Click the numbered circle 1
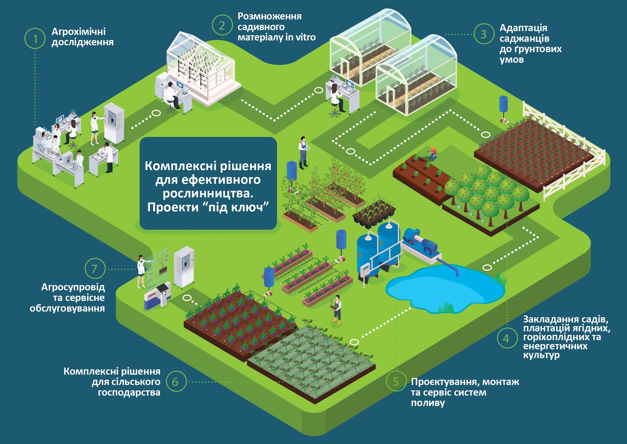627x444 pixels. pos(35,38)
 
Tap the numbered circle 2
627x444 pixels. pos(222,25)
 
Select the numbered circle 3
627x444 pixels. pos(484,34)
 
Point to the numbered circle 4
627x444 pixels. pos(506,338)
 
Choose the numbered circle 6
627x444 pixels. pos(176,381)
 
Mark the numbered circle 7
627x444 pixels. pos(95,269)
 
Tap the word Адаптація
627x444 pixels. pos(523,28)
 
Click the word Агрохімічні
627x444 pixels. pos(79,31)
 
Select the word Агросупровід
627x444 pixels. pos(73,287)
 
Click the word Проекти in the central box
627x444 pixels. pos(173,207)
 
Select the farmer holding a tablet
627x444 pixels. pos(304,153)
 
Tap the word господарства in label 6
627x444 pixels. pos(129,393)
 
